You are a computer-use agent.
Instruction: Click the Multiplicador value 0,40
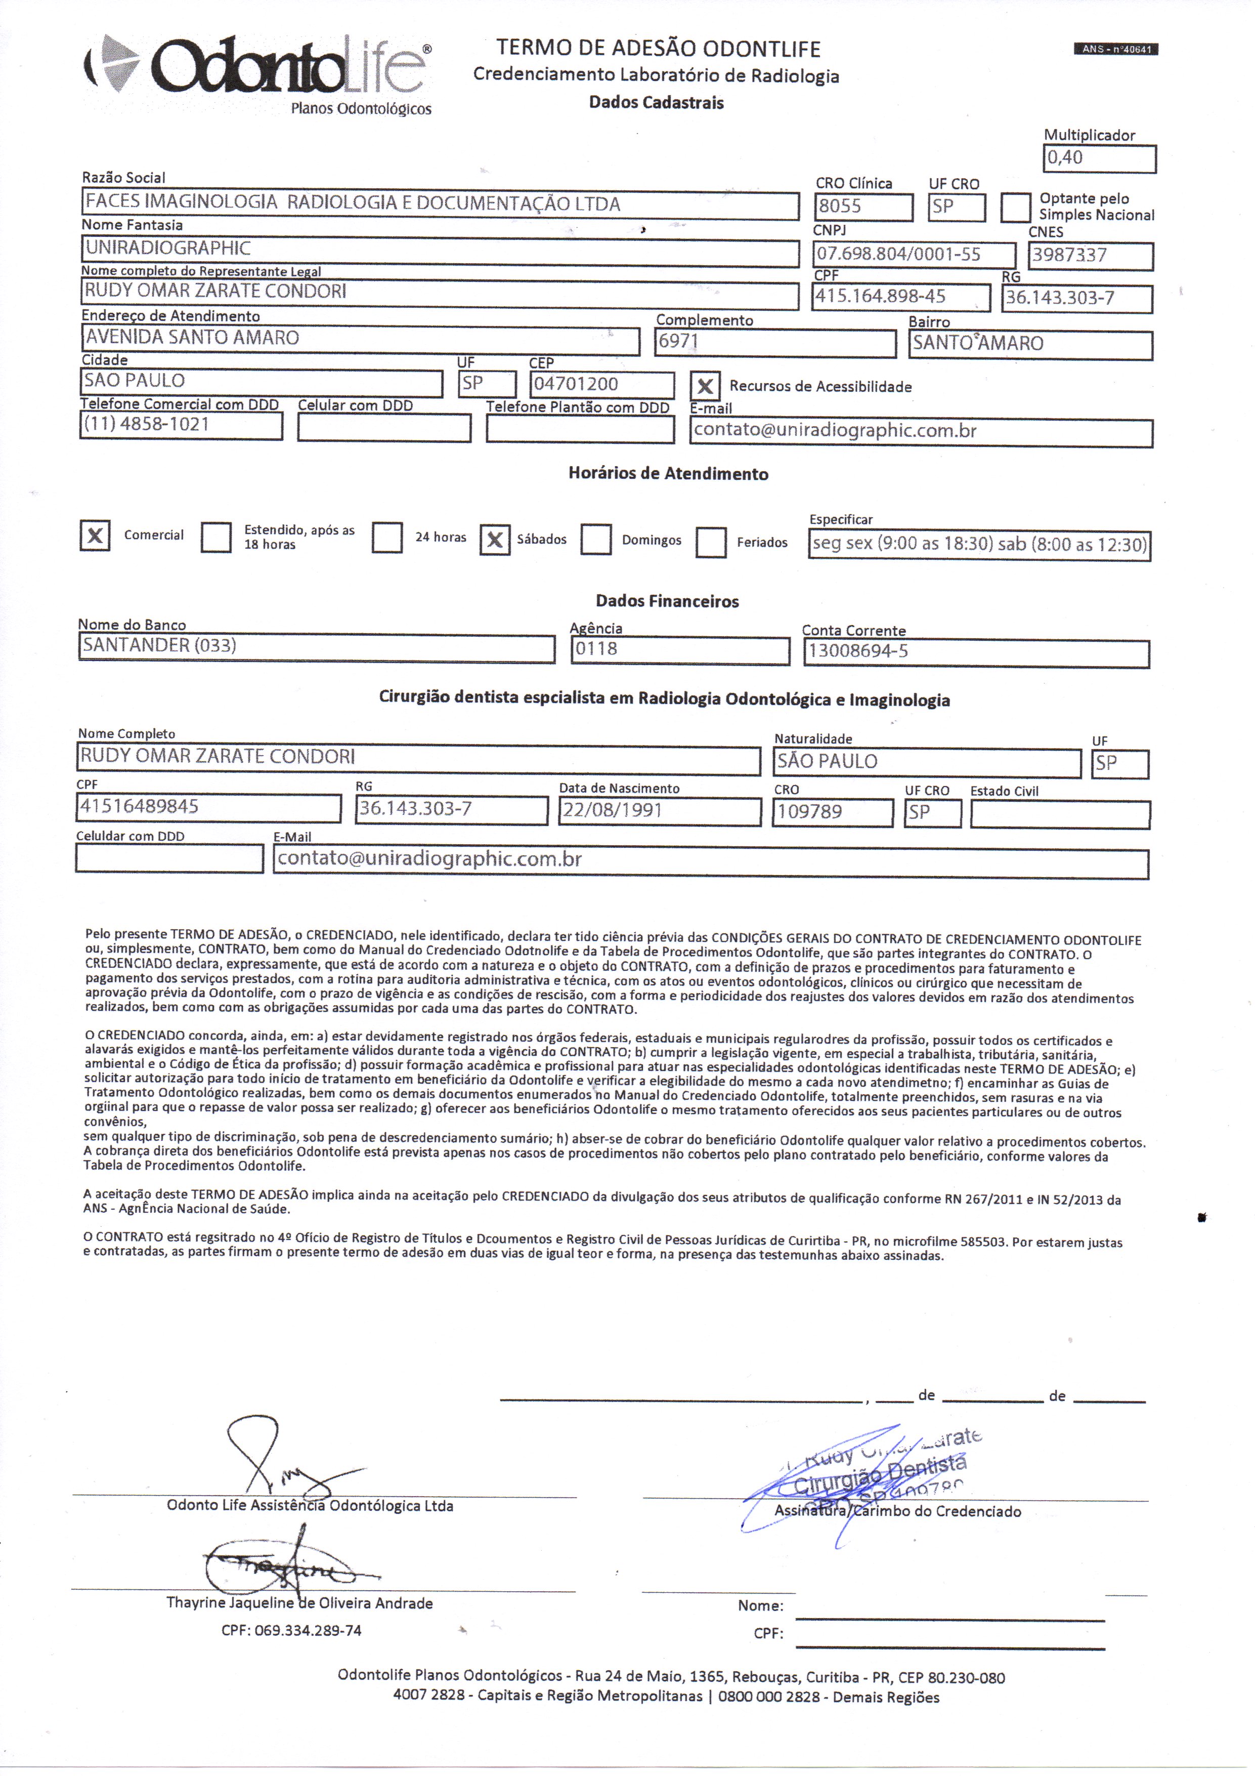click(1065, 158)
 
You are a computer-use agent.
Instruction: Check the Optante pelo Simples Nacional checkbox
click(1015, 208)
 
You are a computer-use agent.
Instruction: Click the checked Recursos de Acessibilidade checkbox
click(705, 387)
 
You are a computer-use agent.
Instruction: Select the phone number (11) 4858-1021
click(146, 425)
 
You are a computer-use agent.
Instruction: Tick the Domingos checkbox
click(595, 540)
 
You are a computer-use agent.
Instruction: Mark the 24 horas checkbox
click(386, 538)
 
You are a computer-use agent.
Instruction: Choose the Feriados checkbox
click(711, 542)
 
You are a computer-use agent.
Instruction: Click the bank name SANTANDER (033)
click(159, 646)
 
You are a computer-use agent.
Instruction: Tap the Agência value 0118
click(596, 649)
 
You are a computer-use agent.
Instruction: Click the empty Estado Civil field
click(1059, 814)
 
